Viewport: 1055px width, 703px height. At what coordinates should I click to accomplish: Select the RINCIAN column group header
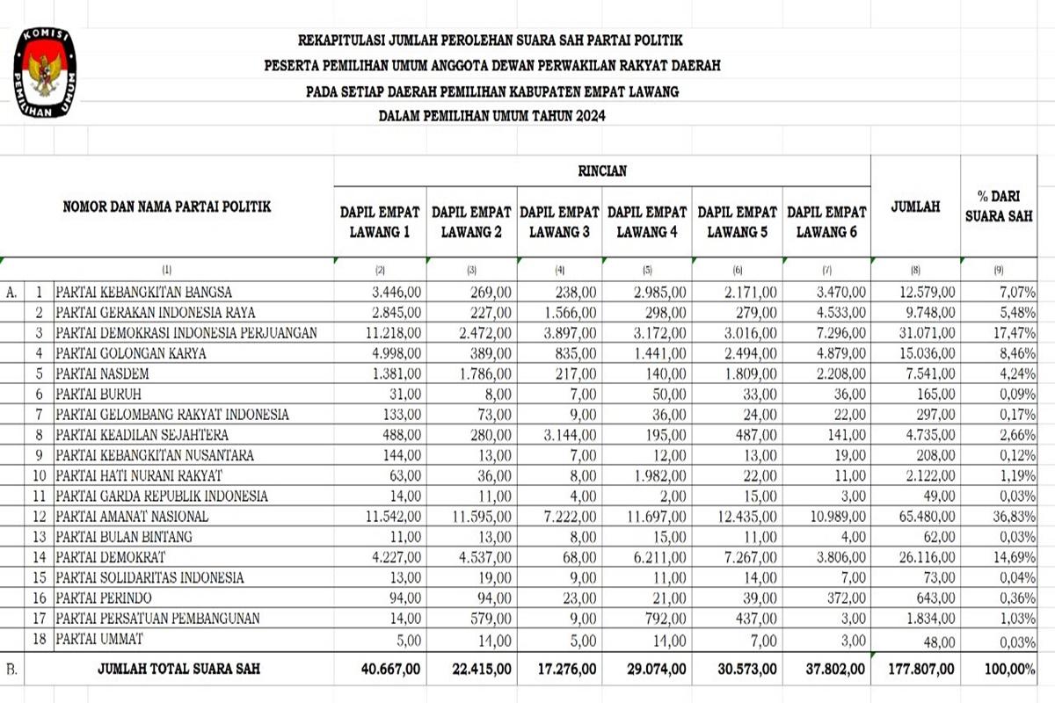(x=602, y=171)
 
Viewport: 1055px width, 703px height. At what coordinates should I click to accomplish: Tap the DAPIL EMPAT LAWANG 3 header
(x=559, y=222)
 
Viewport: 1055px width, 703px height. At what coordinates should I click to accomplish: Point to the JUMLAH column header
(x=915, y=207)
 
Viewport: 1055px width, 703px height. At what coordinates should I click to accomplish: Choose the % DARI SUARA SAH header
(x=998, y=207)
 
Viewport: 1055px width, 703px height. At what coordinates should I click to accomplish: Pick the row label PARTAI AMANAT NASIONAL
(x=132, y=516)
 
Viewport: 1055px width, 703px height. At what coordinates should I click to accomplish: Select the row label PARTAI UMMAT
(x=98, y=638)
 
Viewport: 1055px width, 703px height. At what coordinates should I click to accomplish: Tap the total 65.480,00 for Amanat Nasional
(x=922, y=516)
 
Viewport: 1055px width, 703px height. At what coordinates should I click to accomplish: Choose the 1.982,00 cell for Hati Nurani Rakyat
(x=659, y=475)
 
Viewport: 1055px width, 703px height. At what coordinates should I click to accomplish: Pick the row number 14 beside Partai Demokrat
(x=40, y=557)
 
